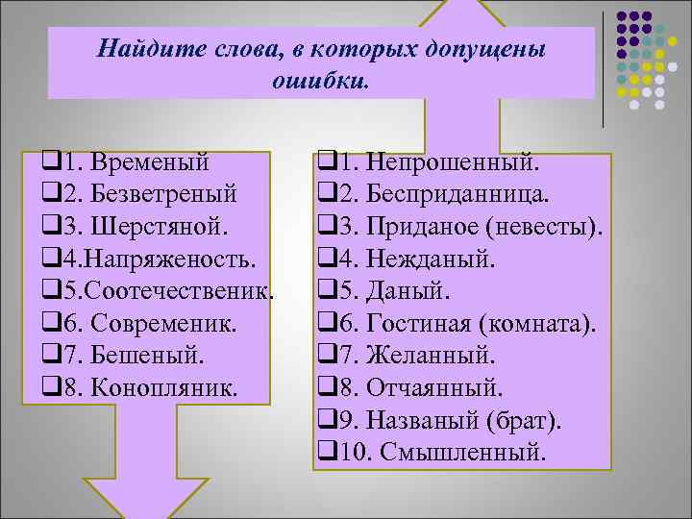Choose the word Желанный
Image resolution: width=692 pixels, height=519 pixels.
click(x=432, y=357)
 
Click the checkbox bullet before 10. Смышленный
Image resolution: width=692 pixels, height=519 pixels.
click(x=324, y=452)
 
